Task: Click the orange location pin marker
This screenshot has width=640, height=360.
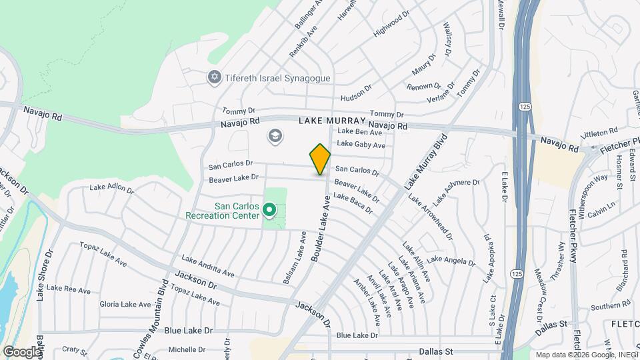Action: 320,159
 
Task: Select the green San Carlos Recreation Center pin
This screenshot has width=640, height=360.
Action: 269,211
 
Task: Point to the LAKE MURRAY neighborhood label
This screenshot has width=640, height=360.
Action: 332,121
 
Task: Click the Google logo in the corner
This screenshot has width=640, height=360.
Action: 21,351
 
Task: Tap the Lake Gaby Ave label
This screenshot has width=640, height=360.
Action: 361,144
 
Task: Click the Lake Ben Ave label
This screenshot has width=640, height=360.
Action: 359,132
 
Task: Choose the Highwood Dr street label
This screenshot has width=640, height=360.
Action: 391,27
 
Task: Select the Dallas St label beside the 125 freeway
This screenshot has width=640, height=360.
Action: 550,323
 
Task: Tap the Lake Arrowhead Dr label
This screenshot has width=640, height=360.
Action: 431,217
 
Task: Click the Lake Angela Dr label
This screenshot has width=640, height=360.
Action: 451,259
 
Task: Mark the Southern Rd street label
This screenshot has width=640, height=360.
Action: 606,307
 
